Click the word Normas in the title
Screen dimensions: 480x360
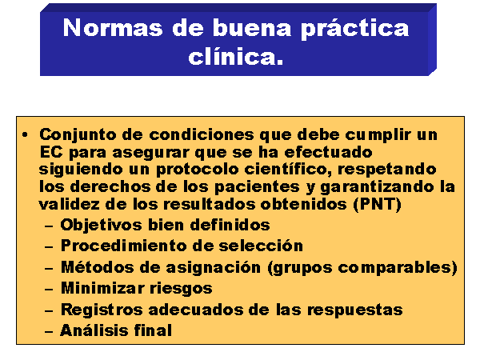pyautogui.click(x=113, y=28)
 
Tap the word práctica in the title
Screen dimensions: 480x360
pyautogui.click(x=355, y=30)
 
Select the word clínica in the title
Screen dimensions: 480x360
pyautogui.click(x=232, y=57)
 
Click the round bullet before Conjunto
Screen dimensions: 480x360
pyautogui.click(x=26, y=134)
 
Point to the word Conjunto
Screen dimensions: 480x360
pyautogui.click(x=78, y=135)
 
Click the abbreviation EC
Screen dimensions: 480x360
pyautogui.click(x=51, y=152)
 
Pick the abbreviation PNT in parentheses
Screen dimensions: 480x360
pyautogui.click(x=378, y=204)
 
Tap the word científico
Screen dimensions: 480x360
pyautogui.click(x=288, y=170)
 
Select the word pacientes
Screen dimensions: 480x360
pyautogui.click(x=257, y=187)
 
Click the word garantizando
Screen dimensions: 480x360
pyautogui.click(x=377, y=187)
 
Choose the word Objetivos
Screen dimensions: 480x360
pyautogui.click(x=101, y=226)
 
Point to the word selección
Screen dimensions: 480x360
pyautogui.click(x=261, y=246)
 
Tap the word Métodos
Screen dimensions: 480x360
pyautogui.click(x=98, y=267)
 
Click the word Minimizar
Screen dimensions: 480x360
pyautogui.click(x=102, y=288)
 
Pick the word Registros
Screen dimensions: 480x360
pyautogui.click(x=102, y=310)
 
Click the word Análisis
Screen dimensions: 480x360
pyautogui.click(x=94, y=330)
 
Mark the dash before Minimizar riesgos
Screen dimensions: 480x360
pyautogui.click(x=49, y=290)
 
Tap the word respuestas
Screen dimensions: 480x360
pyautogui.click(x=354, y=310)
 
